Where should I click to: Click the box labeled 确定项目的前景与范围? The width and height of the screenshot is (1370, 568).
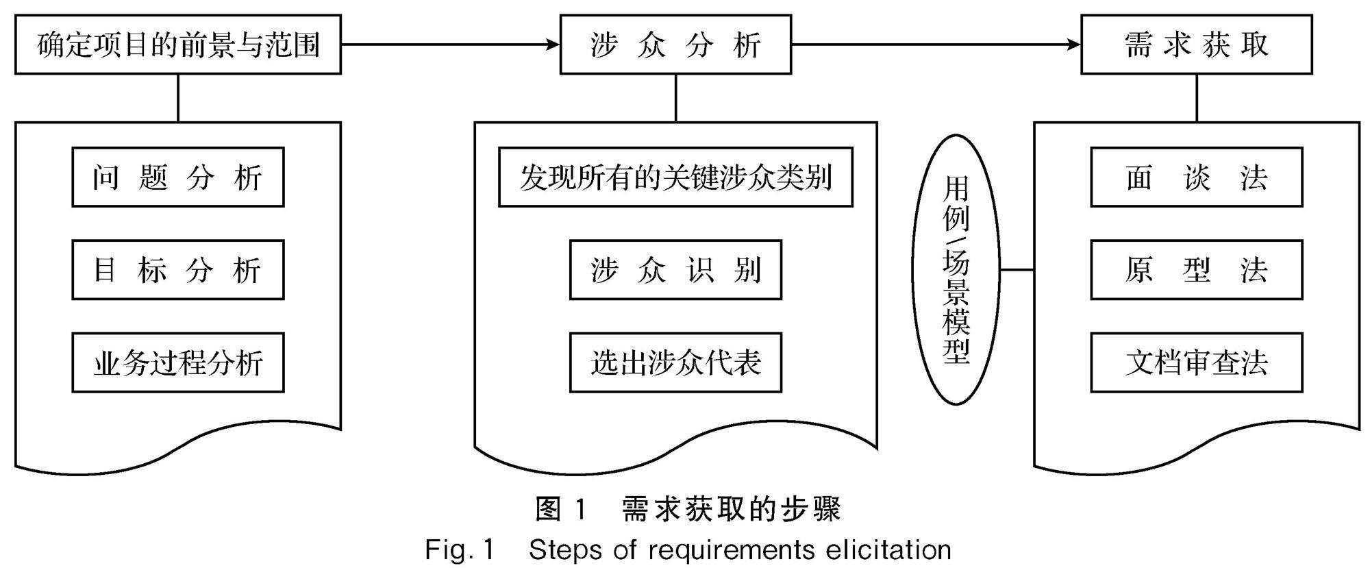(178, 45)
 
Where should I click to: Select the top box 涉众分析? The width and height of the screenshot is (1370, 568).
(675, 45)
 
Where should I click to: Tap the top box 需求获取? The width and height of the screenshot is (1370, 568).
(1196, 45)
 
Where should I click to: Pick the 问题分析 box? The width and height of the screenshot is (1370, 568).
(178, 177)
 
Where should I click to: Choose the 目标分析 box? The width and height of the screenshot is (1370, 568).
(178, 270)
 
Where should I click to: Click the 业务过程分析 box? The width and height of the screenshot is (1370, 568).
(178, 363)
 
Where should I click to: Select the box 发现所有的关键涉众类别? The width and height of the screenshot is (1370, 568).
(675, 177)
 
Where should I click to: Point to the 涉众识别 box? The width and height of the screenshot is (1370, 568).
(675, 270)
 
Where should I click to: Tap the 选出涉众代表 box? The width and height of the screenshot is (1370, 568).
(675, 363)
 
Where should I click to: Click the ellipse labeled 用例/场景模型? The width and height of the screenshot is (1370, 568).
(956, 269)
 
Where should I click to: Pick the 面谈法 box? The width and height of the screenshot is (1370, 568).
(1196, 177)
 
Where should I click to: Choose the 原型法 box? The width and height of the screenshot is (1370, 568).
(1196, 270)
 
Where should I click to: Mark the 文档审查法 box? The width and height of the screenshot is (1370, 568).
(1196, 363)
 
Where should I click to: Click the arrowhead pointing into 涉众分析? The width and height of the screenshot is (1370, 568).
(552, 45)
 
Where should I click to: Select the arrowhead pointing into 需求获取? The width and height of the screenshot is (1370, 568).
(1073, 45)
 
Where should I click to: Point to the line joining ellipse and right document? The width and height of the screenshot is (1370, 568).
(1017, 270)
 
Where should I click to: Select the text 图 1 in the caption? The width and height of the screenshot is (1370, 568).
(561, 509)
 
